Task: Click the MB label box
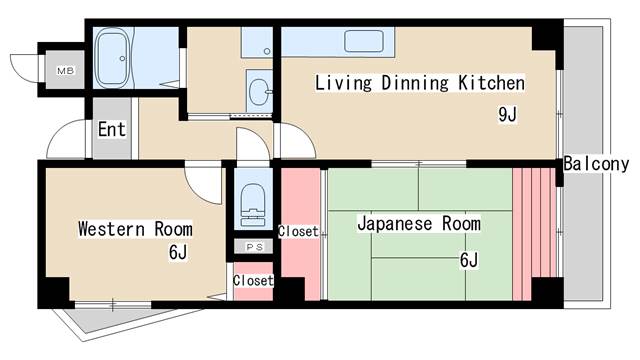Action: (65, 70)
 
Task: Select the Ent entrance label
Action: (111, 129)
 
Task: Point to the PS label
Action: (253, 246)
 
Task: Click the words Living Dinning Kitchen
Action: (420, 83)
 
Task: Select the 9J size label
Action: (507, 114)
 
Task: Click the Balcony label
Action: (596, 164)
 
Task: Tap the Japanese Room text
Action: (419, 224)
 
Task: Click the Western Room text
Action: (136, 228)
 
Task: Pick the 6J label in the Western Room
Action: (178, 252)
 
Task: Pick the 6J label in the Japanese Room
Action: (469, 261)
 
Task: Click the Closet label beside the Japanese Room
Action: (298, 232)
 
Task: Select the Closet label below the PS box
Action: (252, 281)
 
